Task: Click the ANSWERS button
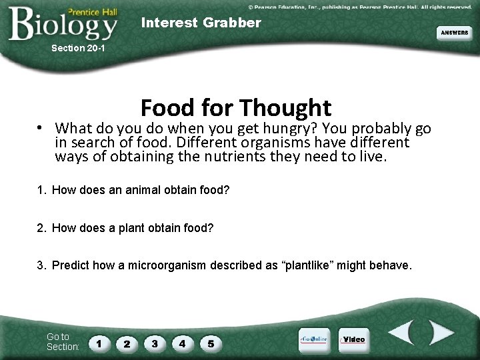pyautogui.click(x=454, y=33)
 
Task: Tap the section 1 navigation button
pyautogui.click(x=99, y=344)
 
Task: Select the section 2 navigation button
pyautogui.click(x=127, y=344)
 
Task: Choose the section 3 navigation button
pyautogui.click(x=155, y=344)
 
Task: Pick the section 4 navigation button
pyautogui.click(x=183, y=344)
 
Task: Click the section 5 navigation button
pyautogui.click(x=211, y=344)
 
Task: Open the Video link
pyautogui.click(x=353, y=339)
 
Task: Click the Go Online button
pyautogui.click(x=313, y=339)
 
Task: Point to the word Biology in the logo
pyautogui.click(x=63, y=25)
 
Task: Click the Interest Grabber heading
pyautogui.click(x=201, y=23)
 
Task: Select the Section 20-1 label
pyautogui.click(x=78, y=48)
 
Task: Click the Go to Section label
pyautogui.click(x=63, y=342)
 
